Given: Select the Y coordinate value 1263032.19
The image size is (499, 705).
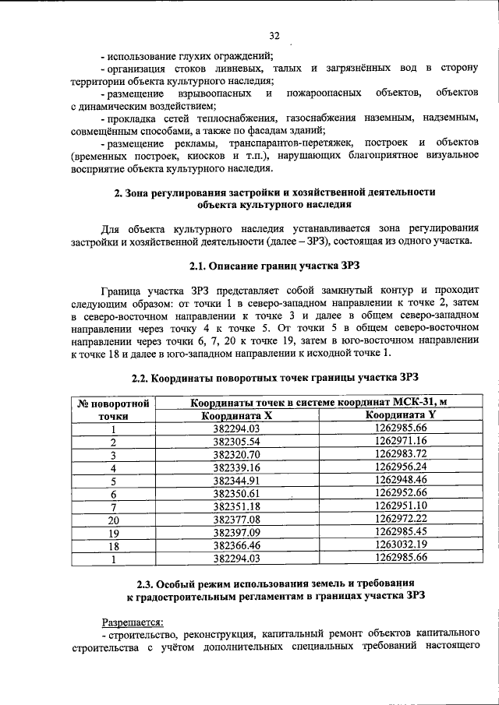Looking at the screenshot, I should [x=401, y=544].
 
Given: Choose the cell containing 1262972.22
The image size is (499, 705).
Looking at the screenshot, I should [x=401, y=519].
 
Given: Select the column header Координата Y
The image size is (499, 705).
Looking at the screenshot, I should [x=400, y=415].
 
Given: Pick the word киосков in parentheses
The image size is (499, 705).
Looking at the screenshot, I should [x=209, y=156].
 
